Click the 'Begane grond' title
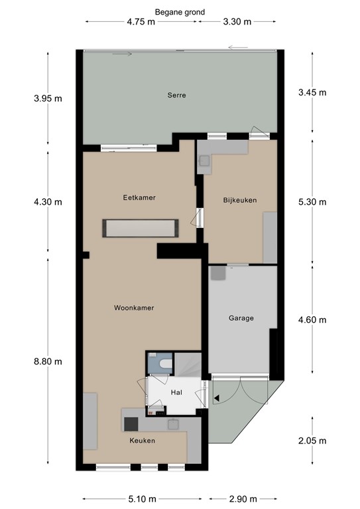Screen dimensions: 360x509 (x=180, y=13)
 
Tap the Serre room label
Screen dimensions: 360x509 (x=176, y=95)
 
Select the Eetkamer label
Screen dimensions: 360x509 (x=139, y=198)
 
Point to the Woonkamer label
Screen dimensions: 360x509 (x=134, y=308)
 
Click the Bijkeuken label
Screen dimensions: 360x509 (x=240, y=200)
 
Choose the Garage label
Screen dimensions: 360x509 (x=241, y=318)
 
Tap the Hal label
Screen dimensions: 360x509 (x=176, y=392)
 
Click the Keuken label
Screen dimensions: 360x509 (x=142, y=441)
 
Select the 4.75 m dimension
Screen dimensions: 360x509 (x=141, y=22)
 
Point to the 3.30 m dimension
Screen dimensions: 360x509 (x=237, y=22)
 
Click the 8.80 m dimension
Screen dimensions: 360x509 (x=48, y=361)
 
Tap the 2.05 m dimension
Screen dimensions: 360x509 (x=312, y=441)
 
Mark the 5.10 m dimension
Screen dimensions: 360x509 (x=142, y=499)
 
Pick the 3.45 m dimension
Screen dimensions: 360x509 (x=312, y=93)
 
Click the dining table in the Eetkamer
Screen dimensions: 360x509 (x=141, y=228)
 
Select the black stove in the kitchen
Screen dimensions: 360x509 (x=131, y=424)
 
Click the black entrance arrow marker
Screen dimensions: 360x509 (x=217, y=398)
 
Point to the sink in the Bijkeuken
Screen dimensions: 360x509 (x=204, y=161)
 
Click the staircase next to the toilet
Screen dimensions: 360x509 (x=188, y=365)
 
